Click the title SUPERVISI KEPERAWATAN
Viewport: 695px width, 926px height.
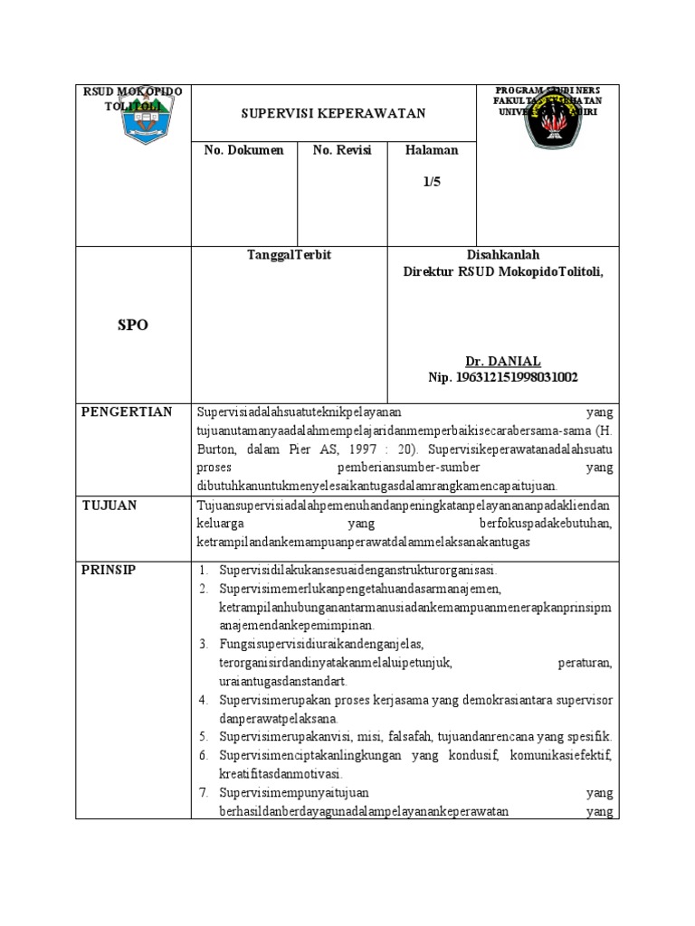[333, 114]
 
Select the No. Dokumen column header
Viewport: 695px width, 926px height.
[243, 150]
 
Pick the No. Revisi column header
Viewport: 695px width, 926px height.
[342, 150]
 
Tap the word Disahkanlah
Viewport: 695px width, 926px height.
[502, 255]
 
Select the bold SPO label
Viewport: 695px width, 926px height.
[132, 326]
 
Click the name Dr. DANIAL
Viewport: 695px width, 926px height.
[502, 360]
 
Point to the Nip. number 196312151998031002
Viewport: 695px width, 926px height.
[502, 376]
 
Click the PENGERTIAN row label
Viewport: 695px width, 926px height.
[127, 412]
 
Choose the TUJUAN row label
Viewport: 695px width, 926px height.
[109, 506]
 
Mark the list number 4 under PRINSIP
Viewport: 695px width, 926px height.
[205, 701]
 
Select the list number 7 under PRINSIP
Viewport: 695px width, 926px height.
[205, 793]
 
